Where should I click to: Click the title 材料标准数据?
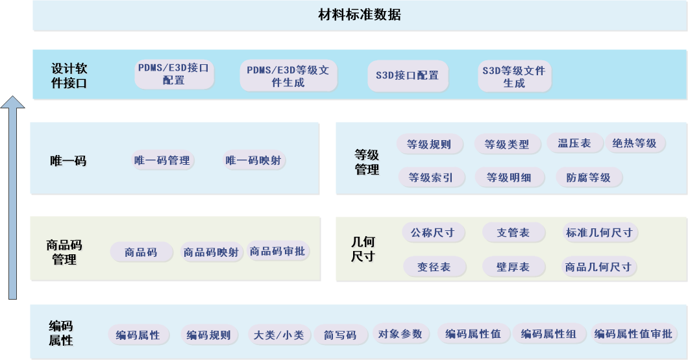359,15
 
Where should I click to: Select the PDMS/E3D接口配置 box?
174,75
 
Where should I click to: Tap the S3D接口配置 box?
407,75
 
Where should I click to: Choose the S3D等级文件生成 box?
513,77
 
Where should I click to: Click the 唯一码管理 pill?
162,160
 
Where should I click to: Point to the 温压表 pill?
574,143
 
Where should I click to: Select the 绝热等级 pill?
635,143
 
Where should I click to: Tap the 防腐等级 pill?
589,177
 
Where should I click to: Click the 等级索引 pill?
430,177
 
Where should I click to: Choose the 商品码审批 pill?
279,252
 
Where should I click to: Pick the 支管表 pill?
513,232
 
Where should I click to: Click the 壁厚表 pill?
513,267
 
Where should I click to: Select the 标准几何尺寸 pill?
599,232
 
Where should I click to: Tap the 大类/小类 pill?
278,335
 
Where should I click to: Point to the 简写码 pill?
340,335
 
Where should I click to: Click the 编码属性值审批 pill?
633,334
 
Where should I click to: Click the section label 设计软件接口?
69,75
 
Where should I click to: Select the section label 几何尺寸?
363,249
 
